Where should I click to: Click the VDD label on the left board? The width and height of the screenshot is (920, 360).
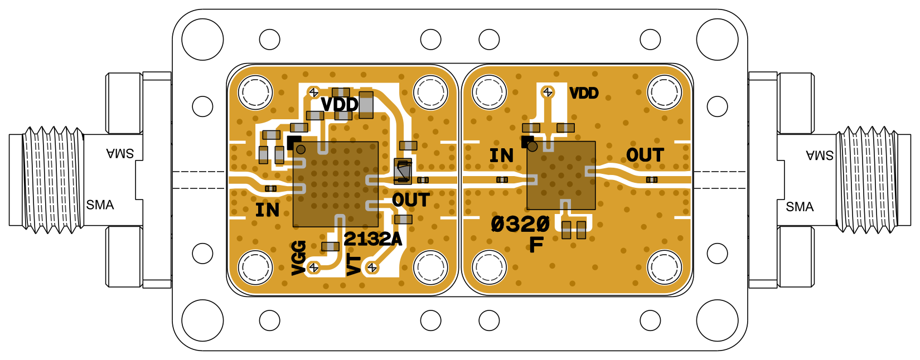(339, 104)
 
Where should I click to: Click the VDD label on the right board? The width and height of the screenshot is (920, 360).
(584, 93)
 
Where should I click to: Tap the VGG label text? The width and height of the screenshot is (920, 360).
(299, 257)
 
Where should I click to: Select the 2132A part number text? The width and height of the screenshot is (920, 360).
(372, 239)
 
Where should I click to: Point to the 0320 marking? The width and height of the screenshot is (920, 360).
(520, 224)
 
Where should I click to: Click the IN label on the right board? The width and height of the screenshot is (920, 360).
(501, 156)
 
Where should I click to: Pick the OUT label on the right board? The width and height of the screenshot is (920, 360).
(645, 155)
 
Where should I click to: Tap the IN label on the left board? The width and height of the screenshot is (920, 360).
(267, 210)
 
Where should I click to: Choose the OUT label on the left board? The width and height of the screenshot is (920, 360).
(410, 200)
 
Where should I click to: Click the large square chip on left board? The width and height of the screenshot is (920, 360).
(336, 184)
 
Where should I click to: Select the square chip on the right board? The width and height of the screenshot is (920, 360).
(561, 175)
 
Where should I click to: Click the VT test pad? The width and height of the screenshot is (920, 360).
(372, 268)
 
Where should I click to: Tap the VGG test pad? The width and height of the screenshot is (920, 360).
(314, 268)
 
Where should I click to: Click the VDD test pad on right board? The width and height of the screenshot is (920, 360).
(548, 92)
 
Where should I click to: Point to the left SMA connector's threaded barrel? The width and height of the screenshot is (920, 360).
(53, 179)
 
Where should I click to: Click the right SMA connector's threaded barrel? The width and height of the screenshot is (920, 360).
(867, 179)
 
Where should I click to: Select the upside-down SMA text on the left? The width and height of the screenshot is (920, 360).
(120, 153)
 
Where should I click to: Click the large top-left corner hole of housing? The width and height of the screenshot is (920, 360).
(202, 40)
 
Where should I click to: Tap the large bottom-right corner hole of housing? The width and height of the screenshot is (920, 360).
(717, 320)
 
